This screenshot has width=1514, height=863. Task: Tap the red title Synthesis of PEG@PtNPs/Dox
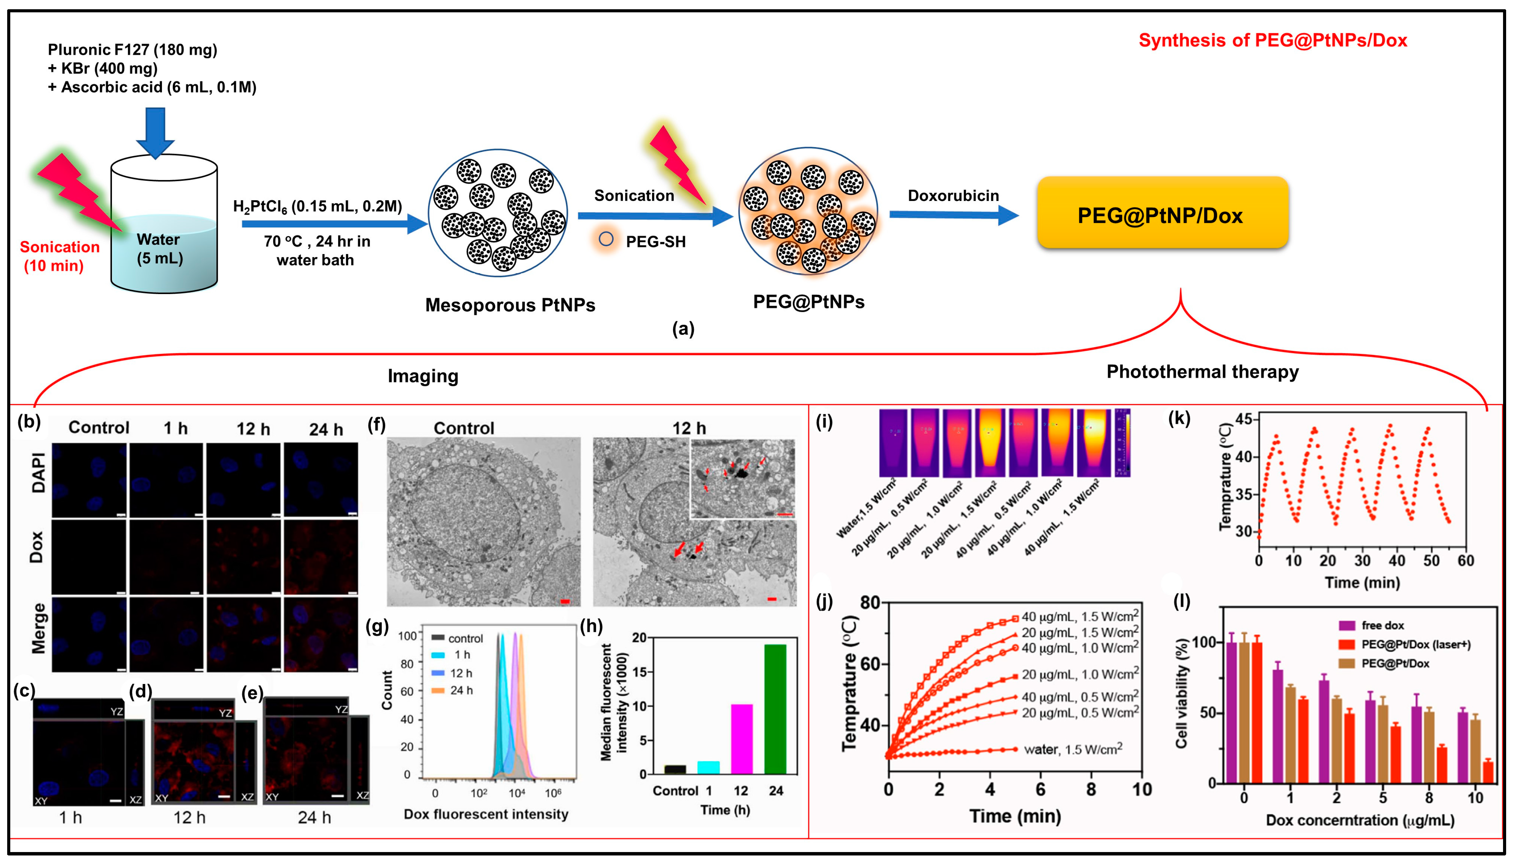(x=1272, y=40)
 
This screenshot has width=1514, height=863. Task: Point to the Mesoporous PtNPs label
(x=510, y=305)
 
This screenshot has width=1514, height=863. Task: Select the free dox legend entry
(x=1382, y=625)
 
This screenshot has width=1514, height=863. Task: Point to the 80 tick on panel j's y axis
(x=870, y=603)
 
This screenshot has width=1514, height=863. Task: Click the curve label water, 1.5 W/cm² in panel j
(x=1072, y=750)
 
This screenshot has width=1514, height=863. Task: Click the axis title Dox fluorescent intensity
(x=486, y=814)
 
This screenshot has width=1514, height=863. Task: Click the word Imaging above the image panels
(x=423, y=376)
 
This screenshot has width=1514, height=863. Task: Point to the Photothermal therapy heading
(x=1202, y=372)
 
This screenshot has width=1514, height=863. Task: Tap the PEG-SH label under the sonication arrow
(x=656, y=242)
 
